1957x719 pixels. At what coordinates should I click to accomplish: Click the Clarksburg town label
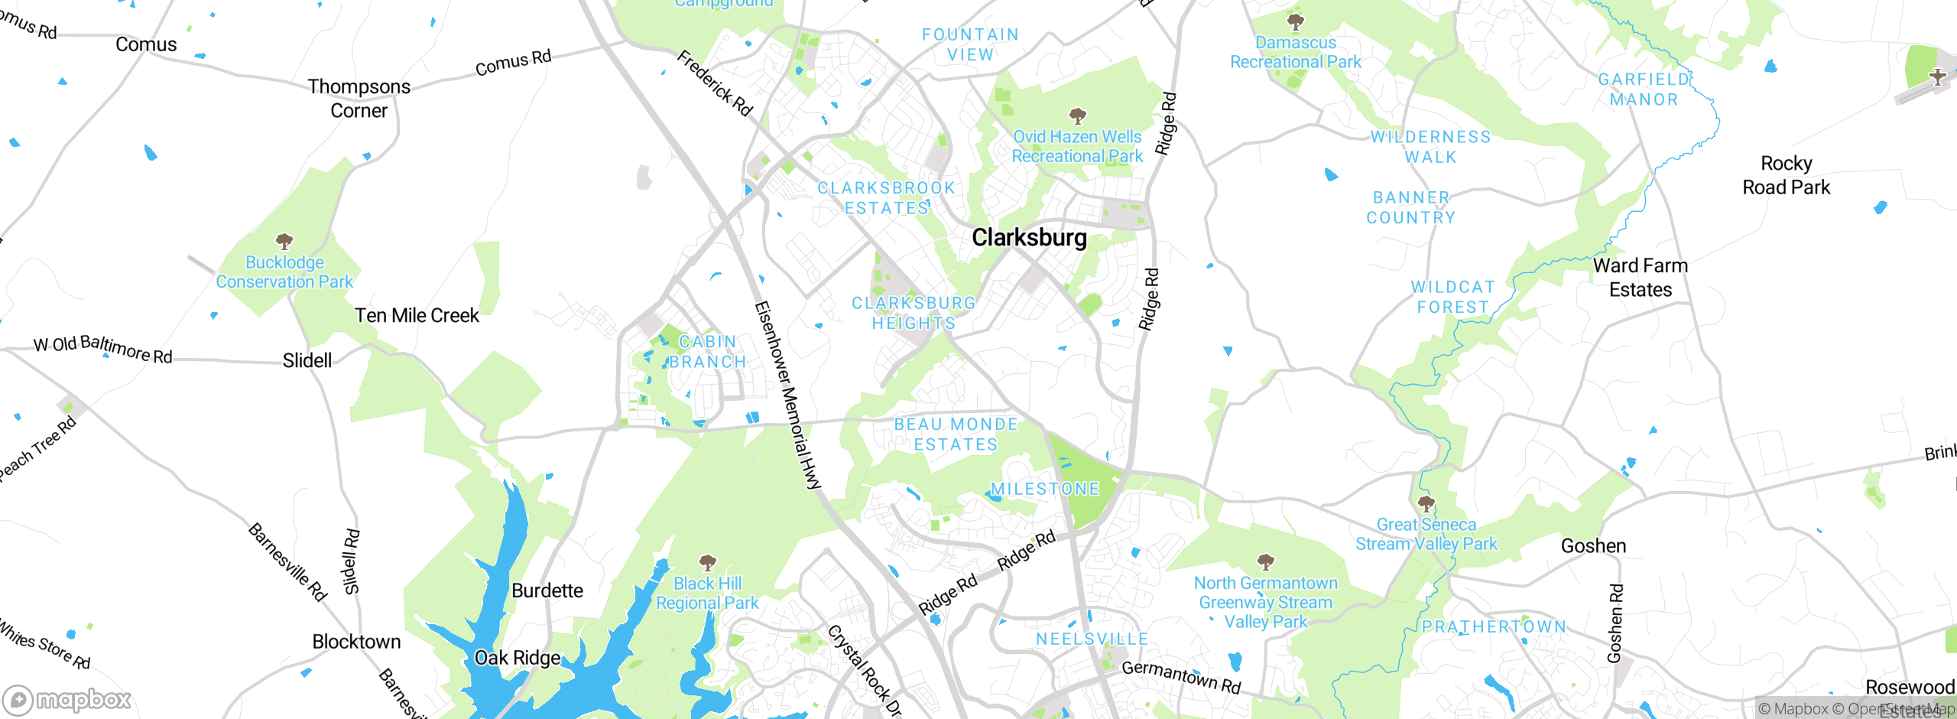1029,238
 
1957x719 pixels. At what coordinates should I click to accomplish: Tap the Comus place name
146,44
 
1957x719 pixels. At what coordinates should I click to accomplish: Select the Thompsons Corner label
359,99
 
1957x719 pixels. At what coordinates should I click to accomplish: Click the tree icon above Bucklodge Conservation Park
284,242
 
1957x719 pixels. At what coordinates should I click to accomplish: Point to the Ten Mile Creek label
417,315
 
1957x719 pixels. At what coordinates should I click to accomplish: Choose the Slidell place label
307,360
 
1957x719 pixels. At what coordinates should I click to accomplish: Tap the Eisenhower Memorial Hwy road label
787,395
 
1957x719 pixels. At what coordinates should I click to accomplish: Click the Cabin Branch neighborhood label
707,352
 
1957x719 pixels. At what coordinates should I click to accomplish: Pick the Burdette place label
547,590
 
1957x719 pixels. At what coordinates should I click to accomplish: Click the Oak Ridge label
518,658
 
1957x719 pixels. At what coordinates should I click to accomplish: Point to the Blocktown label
356,642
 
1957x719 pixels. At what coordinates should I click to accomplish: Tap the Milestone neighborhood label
1045,489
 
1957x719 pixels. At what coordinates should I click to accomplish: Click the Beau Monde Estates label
956,434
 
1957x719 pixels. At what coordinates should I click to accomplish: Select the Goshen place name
1593,546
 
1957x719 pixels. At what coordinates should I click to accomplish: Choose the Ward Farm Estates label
1641,278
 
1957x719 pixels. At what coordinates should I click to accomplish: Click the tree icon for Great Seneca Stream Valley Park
1426,504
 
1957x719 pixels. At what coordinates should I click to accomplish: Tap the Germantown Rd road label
1181,676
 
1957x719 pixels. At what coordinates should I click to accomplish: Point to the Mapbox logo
67,700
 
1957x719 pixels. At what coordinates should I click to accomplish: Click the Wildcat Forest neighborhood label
1452,297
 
